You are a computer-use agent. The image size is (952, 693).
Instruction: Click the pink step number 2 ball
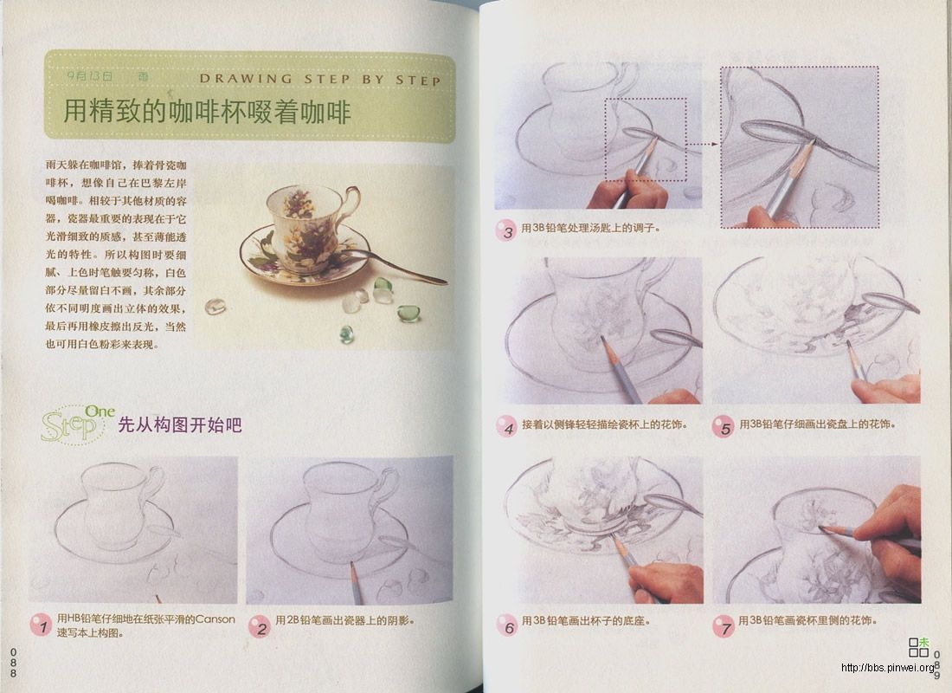tap(259, 626)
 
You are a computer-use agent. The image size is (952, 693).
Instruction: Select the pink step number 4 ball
tap(506, 426)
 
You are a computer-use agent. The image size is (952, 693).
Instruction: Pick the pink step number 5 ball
tap(724, 426)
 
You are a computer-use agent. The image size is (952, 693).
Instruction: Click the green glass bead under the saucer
tap(347, 333)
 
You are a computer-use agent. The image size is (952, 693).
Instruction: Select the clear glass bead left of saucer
tap(215, 306)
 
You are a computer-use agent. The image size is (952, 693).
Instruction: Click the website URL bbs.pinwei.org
tap(888, 668)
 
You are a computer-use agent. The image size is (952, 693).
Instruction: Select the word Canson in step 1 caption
tap(214, 619)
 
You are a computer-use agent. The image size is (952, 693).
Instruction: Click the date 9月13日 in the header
tap(90, 76)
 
